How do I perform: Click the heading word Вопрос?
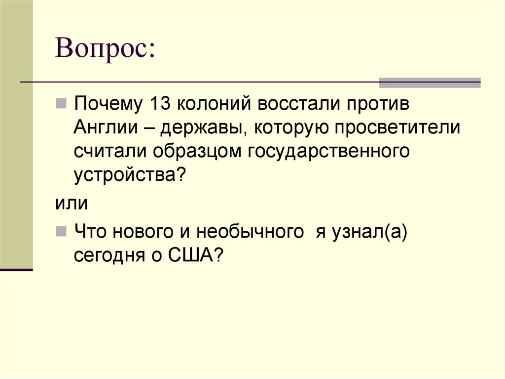tap(105, 50)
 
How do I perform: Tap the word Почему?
tap(107, 105)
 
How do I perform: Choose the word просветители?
tap(396, 128)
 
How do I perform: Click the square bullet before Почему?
tap(61, 105)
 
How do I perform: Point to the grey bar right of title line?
tap(429, 83)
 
